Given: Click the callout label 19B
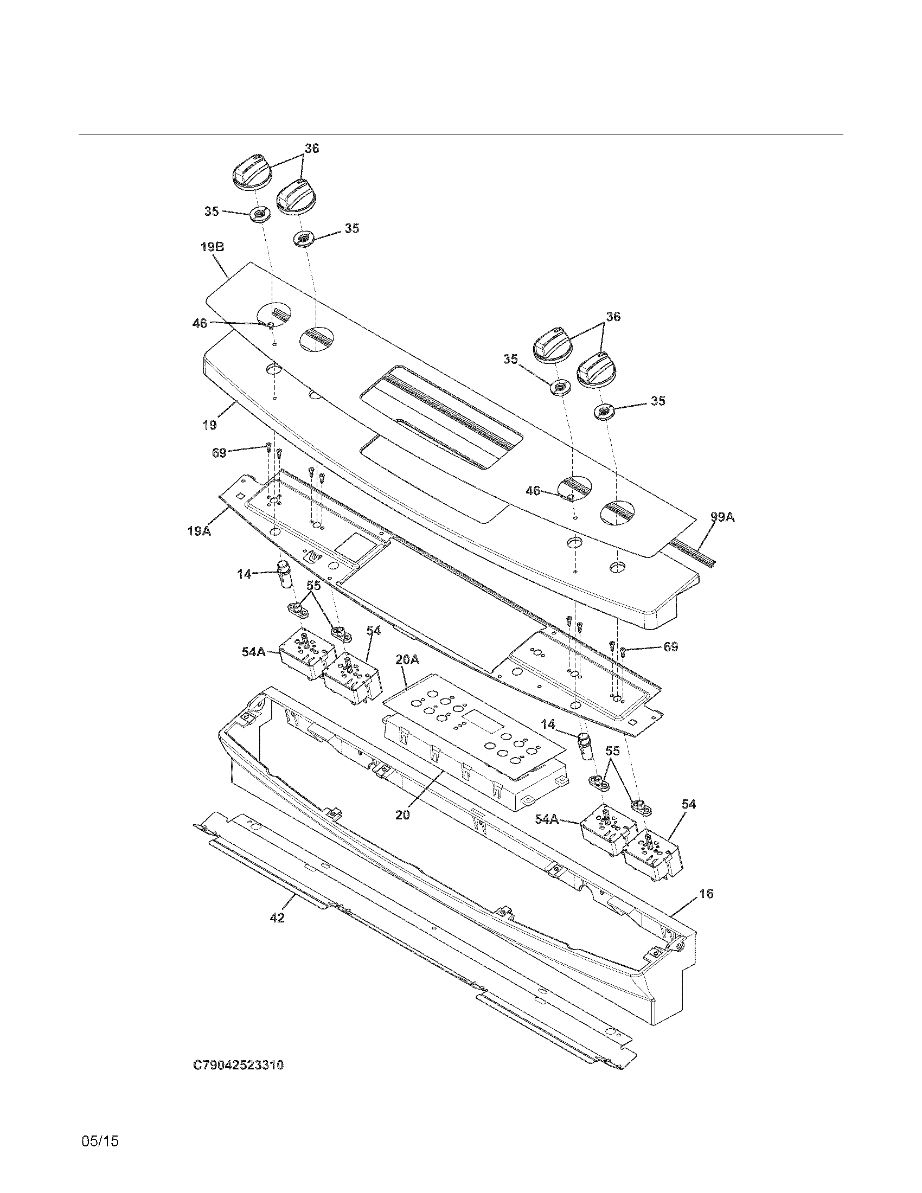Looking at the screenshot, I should (x=212, y=247).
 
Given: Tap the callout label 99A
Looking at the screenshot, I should (x=722, y=517).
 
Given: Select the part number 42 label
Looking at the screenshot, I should (x=278, y=918).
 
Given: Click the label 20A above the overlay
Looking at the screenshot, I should (x=407, y=660).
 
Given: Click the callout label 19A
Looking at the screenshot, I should (x=200, y=530).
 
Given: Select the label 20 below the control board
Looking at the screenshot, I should (x=402, y=814).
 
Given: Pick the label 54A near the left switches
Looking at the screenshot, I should (x=254, y=651).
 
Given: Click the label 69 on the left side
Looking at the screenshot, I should (x=219, y=453).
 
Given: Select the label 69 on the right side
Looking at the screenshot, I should (x=671, y=647).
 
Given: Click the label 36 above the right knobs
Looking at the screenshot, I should (x=613, y=317).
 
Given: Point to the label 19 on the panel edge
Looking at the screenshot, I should (x=210, y=425).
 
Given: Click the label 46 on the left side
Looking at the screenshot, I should (x=200, y=324).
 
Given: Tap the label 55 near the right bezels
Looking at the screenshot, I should (x=613, y=751).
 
